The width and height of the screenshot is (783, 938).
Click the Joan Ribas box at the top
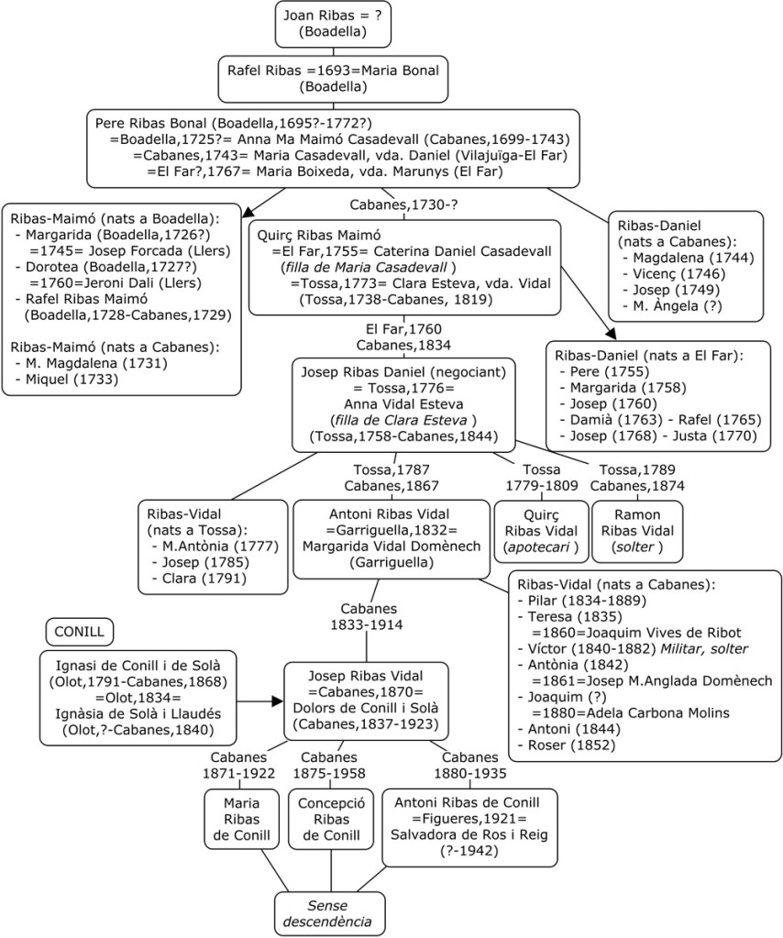tap(320, 24)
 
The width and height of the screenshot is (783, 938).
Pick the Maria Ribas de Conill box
tap(241, 819)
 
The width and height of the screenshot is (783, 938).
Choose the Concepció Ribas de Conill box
tap(332, 819)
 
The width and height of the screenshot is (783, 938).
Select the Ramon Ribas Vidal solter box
tap(637, 531)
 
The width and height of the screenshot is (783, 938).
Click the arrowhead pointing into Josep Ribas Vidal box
tap(277, 701)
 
